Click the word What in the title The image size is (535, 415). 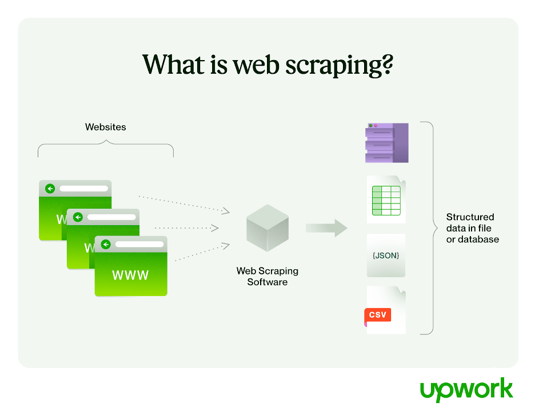[x=174, y=64]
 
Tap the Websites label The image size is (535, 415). [x=105, y=127]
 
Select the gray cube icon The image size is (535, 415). [x=267, y=228]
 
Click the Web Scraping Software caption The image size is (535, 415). [x=267, y=277]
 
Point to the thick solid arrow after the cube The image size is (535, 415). [x=326, y=228]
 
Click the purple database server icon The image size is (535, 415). [x=387, y=143]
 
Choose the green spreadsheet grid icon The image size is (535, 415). [x=386, y=201]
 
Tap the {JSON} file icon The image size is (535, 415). [x=386, y=256]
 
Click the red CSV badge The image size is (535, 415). [x=378, y=314]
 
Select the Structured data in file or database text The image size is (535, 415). [x=473, y=228]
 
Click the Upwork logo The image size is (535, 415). [x=466, y=390]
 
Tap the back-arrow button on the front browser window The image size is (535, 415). [x=106, y=244]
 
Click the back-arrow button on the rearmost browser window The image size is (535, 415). [x=50, y=189]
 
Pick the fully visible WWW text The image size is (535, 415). [x=130, y=275]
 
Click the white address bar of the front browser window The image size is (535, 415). [x=139, y=244]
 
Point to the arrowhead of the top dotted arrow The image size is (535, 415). [x=226, y=211]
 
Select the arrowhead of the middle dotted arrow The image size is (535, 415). [x=215, y=228]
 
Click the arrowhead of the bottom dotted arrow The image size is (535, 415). [x=226, y=246]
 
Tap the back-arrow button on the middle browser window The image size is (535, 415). [x=78, y=217]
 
